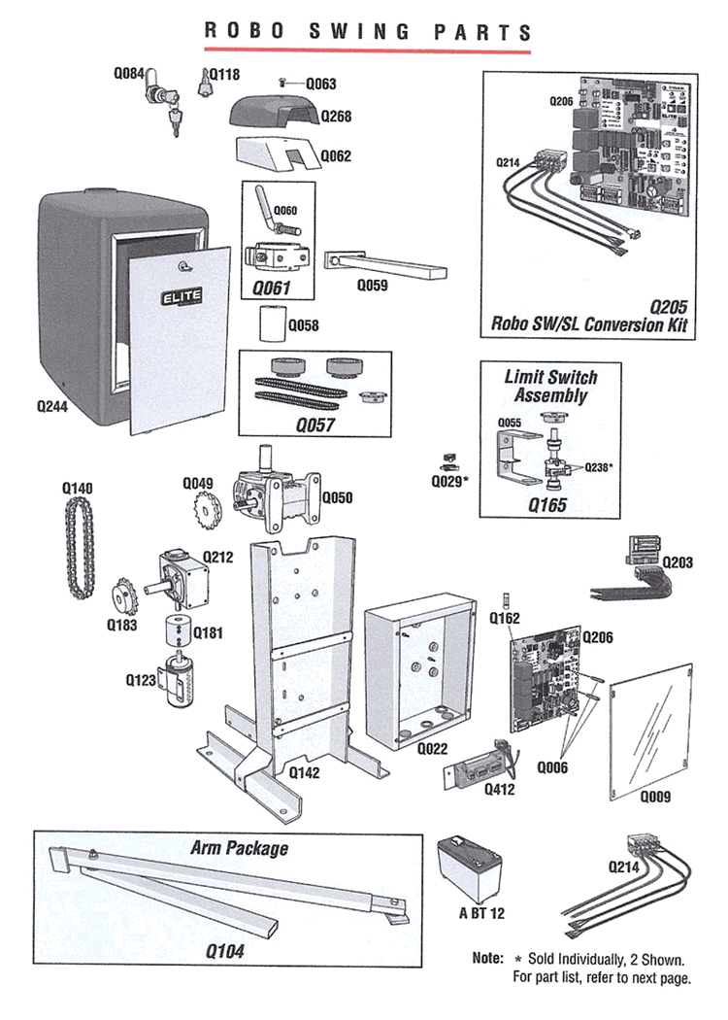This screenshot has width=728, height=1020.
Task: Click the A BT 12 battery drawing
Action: (471, 869)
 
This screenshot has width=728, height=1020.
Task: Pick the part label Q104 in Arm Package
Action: (224, 952)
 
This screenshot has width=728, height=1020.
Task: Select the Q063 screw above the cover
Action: (281, 85)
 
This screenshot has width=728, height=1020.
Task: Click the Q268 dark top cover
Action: (274, 116)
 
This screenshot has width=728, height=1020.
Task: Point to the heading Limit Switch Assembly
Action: (550, 386)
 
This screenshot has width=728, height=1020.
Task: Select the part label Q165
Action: (546, 505)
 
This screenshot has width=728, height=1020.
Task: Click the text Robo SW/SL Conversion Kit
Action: (589, 323)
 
